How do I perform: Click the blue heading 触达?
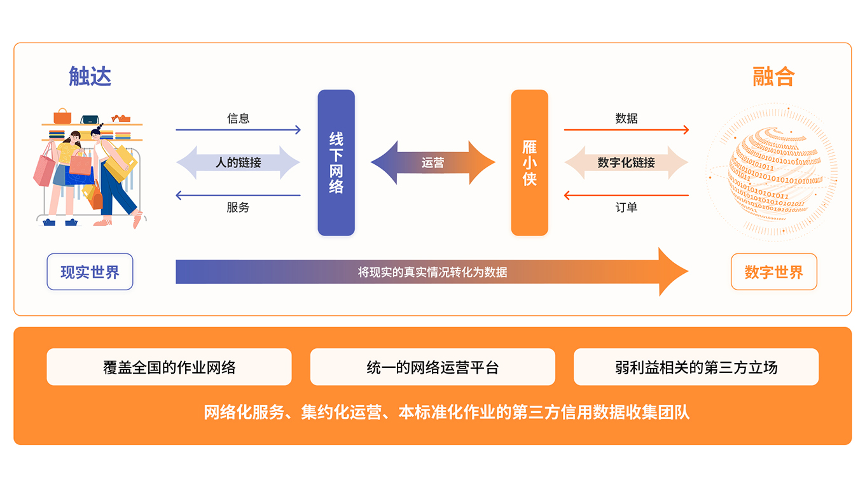(x=90, y=77)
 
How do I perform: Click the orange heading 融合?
(x=773, y=77)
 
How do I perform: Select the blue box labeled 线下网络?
(x=336, y=163)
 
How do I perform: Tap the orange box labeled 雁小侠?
(x=529, y=163)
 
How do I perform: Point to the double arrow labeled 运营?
(x=432, y=163)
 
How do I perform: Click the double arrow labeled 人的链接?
(x=238, y=163)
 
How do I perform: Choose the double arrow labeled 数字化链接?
(x=626, y=163)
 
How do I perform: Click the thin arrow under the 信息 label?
(x=238, y=131)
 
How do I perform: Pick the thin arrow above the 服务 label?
(x=238, y=195)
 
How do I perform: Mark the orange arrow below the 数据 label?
(x=626, y=131)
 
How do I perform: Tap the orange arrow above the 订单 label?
(x=626, y=195)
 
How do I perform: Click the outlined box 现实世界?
(x=90, y=272)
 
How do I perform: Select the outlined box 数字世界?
(x=773, y=272)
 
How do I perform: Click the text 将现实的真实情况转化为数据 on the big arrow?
(x=432, y=272)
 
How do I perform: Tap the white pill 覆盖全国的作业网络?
(x=169, y=367)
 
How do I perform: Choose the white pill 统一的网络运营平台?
(x=432, y=367)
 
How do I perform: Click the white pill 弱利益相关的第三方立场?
(x=696, y=367)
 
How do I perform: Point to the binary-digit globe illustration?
(x=772, y=172)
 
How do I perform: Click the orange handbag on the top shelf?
(x=62, y=116)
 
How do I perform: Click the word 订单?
(x=626, y=208)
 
